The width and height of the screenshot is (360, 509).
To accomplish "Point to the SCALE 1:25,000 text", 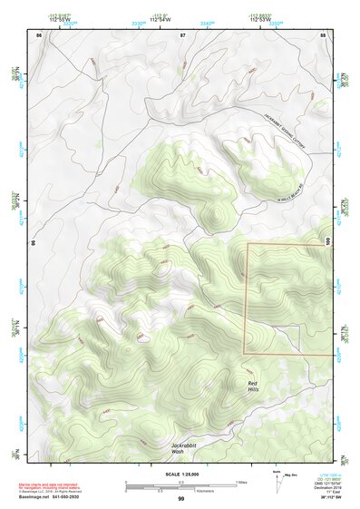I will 180,474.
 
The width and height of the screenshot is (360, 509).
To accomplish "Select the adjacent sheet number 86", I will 38,34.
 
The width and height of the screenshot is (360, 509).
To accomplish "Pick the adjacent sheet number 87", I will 181,34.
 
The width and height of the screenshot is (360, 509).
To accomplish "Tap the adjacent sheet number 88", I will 323,34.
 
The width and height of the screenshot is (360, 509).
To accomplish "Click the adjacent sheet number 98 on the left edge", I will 34,243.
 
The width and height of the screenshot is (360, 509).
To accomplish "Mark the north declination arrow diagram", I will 277,482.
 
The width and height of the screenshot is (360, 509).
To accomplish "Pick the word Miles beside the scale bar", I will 240,482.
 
